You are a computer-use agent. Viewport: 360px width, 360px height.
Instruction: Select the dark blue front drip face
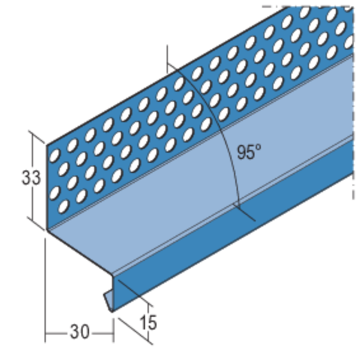[231, 237]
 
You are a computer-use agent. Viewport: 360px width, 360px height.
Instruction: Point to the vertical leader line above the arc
[168, 57]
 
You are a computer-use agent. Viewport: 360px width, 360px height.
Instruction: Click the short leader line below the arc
[247, 214]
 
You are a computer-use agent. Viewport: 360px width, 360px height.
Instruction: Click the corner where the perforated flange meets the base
[47, 229]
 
